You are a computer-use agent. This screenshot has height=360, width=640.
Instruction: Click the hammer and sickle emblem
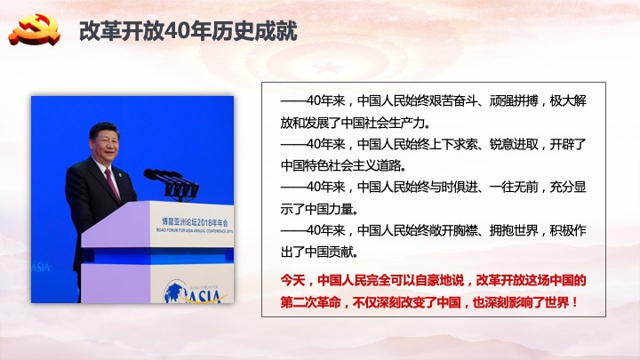click(35, 29)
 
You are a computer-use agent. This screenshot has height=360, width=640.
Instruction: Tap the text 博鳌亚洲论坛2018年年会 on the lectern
click(195, 221)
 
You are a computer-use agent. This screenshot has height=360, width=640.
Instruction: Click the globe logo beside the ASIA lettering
click(175, 292)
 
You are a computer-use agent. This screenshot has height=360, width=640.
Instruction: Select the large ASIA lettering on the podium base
click(204, 295)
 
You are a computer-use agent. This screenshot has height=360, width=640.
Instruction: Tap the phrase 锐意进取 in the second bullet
click(514, 144)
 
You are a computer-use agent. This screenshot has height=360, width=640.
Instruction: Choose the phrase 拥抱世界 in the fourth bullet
click(514, 230)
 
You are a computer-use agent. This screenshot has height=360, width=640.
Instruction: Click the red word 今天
click(292, 280)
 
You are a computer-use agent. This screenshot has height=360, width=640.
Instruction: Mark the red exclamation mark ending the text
click(575, 302)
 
